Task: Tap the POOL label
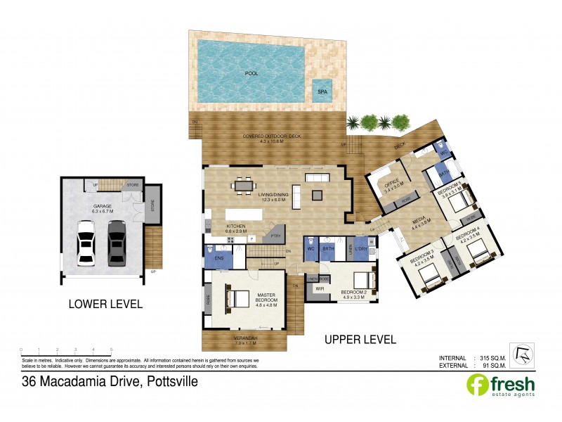[251, 72]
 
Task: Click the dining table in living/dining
[244, 186]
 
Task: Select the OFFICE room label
[391, 183]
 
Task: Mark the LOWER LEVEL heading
[105, 305]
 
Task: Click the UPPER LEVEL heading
[360, 339]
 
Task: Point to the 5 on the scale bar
[111, 350]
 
